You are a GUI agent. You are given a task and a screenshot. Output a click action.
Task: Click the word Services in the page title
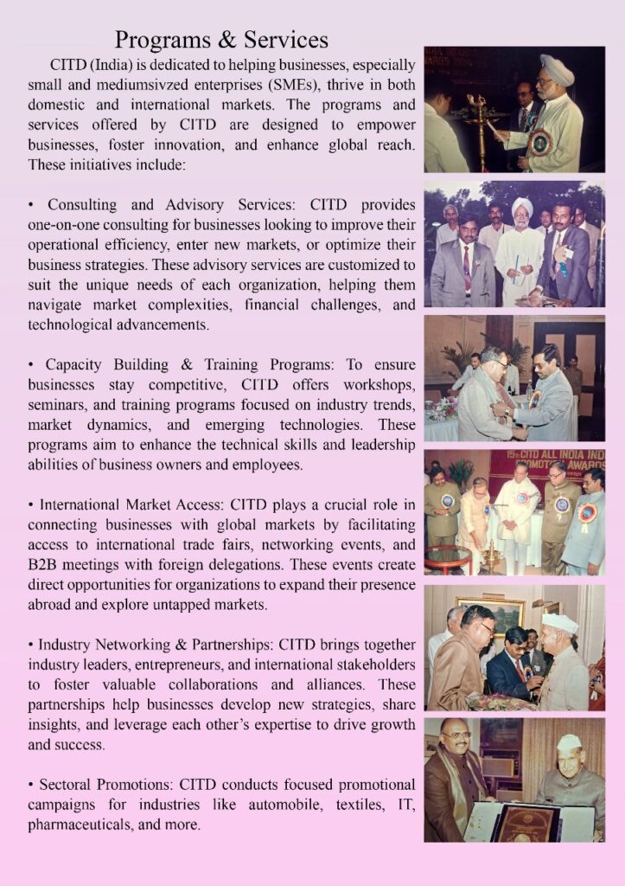click(x=285, y=40)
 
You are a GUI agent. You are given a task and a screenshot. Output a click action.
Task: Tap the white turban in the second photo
click(x=521, y=207)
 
